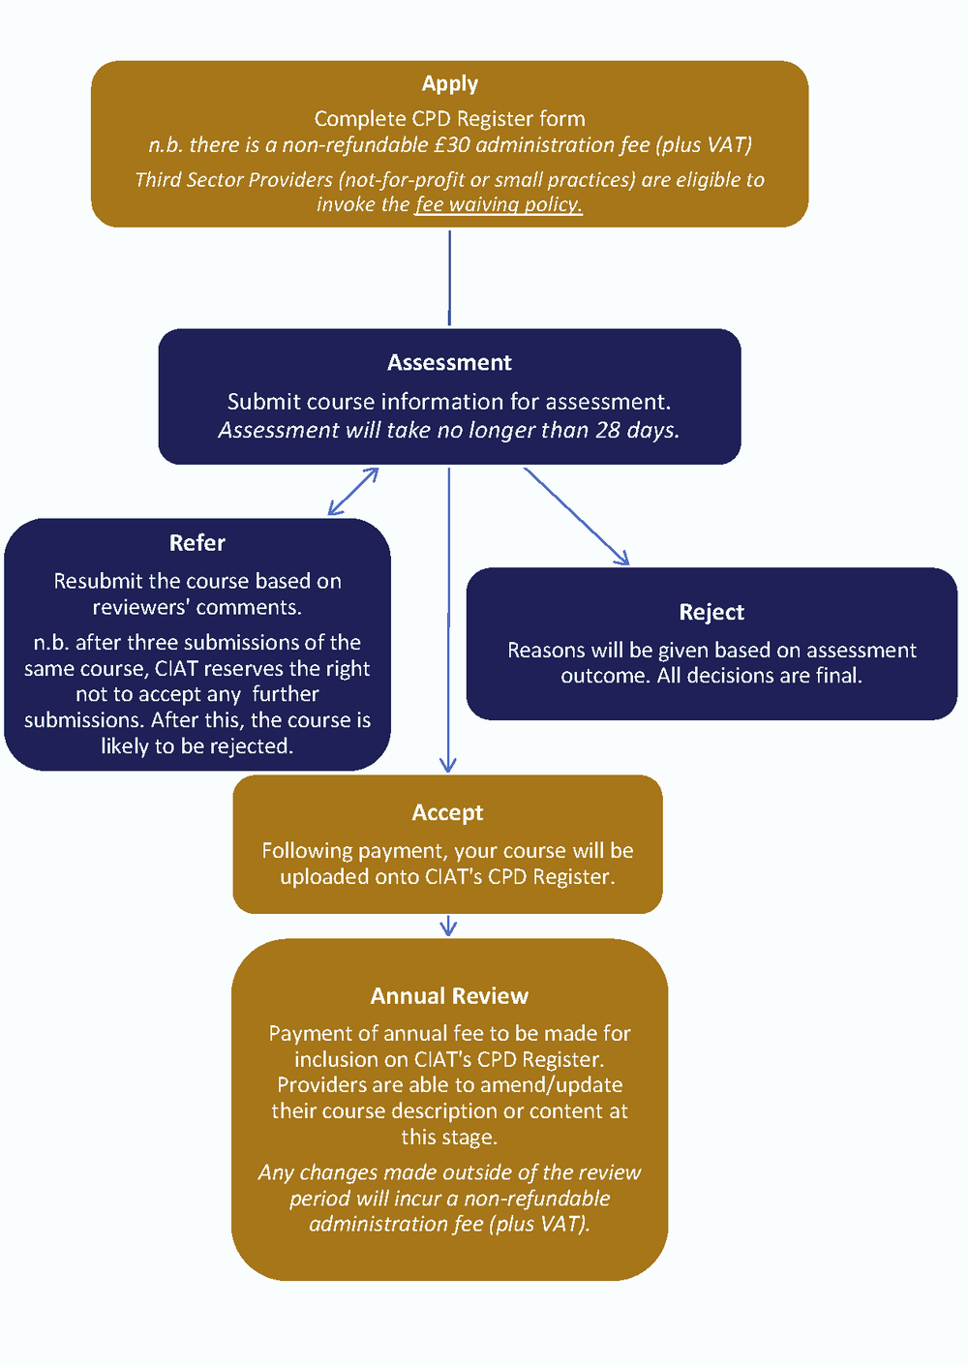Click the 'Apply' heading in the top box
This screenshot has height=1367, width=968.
(x=449, y=84)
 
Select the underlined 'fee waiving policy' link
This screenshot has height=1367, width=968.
(x=499, y=205)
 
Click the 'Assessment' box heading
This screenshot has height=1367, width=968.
(x=449, y=363)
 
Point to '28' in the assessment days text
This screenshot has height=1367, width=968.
(x=608, y=430)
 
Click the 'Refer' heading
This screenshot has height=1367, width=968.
(x=197, y=543)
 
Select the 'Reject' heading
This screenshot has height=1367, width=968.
(x=711, y=612)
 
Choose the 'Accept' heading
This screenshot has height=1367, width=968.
(x=447, y=813)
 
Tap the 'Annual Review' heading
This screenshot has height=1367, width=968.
(x=449, y=996)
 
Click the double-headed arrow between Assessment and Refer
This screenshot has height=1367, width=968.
(x=353, y=492)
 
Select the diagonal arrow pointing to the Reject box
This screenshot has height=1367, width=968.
(x=577, y=517)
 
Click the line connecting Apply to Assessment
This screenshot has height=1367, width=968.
(x=449, y=278)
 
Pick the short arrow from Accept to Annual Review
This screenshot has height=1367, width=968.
(x=448, y=927)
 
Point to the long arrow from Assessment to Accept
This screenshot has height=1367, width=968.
(x=448, y=620)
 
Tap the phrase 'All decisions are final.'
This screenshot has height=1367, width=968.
(x=759, y=676)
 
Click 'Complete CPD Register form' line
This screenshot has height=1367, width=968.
(x=449, y=119)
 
